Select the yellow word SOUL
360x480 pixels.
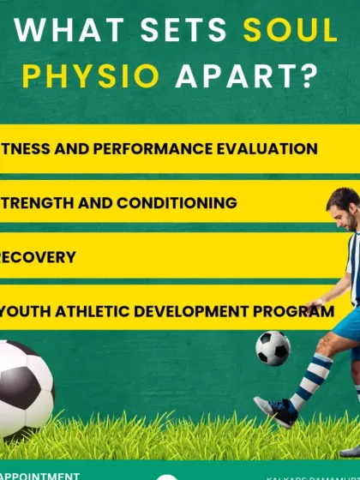pos(291,31)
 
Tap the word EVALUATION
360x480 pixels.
pos(258,148)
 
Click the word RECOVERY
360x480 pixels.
pos(38,257)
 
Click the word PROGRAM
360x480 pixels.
pos(300,311)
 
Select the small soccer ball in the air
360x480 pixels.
pos(273,348)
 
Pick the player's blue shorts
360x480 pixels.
pos(347,326)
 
